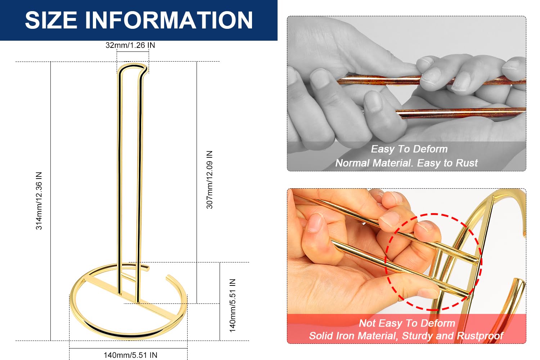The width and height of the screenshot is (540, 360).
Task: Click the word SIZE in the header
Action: [51, 20]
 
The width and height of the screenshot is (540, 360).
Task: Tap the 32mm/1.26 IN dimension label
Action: [130, 45]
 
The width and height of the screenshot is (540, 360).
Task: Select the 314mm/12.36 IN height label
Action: [39, 201]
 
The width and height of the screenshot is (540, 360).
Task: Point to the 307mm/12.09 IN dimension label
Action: [210, 180]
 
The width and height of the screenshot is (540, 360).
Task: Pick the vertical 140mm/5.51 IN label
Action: [233, 306]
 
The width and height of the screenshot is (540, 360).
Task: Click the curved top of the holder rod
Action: [132, 65]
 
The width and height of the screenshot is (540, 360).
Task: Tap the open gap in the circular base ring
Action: [158, 271]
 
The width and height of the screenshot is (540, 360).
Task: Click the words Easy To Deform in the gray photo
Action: [409, 149]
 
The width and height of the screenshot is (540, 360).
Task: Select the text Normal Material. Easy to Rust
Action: [406, 163]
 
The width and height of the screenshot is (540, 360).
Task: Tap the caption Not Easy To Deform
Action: [407, 323]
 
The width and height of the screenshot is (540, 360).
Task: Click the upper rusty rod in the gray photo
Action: [432, 80]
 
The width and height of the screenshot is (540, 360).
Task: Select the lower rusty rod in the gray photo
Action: [460, 112]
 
